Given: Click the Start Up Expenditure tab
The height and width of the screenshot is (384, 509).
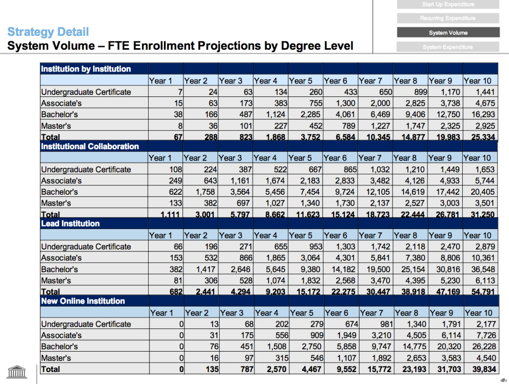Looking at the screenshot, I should [448, 4].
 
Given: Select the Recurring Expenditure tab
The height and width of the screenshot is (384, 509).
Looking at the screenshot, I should [448, 18].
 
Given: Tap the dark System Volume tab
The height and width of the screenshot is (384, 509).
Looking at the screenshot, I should [448, 33].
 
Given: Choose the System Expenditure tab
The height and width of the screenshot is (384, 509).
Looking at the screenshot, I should [448, 47].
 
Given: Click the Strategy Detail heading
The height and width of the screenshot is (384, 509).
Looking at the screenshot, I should [48, 32].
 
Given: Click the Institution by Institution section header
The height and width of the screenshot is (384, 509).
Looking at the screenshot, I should [86, 69].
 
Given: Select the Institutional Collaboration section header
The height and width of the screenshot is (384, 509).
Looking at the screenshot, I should [90, 147].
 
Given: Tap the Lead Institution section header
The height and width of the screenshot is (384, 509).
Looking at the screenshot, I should [71, 224].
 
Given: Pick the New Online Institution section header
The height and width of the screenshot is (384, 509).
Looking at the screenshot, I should [83, 301].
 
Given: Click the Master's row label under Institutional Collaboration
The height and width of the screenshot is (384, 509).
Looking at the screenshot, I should [56, 203].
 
